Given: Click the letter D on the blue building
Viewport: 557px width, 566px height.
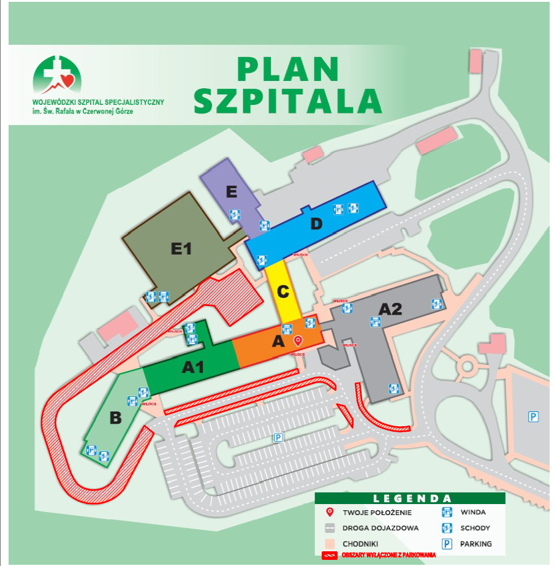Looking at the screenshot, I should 316,224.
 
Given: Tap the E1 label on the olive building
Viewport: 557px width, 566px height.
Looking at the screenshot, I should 181,249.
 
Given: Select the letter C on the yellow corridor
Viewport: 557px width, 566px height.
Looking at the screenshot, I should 282,293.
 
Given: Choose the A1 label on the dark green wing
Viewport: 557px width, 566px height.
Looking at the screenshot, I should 192,367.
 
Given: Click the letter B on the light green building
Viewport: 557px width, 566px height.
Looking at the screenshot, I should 115,419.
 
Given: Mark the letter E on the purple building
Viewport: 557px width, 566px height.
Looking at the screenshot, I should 231,193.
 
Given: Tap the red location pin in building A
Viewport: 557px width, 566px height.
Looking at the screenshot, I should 298,340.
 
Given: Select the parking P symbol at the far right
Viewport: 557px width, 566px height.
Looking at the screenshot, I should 533,417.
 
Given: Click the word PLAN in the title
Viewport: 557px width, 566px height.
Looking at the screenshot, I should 288,69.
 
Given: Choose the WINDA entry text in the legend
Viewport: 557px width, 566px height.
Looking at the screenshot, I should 474,512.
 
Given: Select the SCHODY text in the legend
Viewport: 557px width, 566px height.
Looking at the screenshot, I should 477,527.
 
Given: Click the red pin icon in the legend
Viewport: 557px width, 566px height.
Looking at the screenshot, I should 329,512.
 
